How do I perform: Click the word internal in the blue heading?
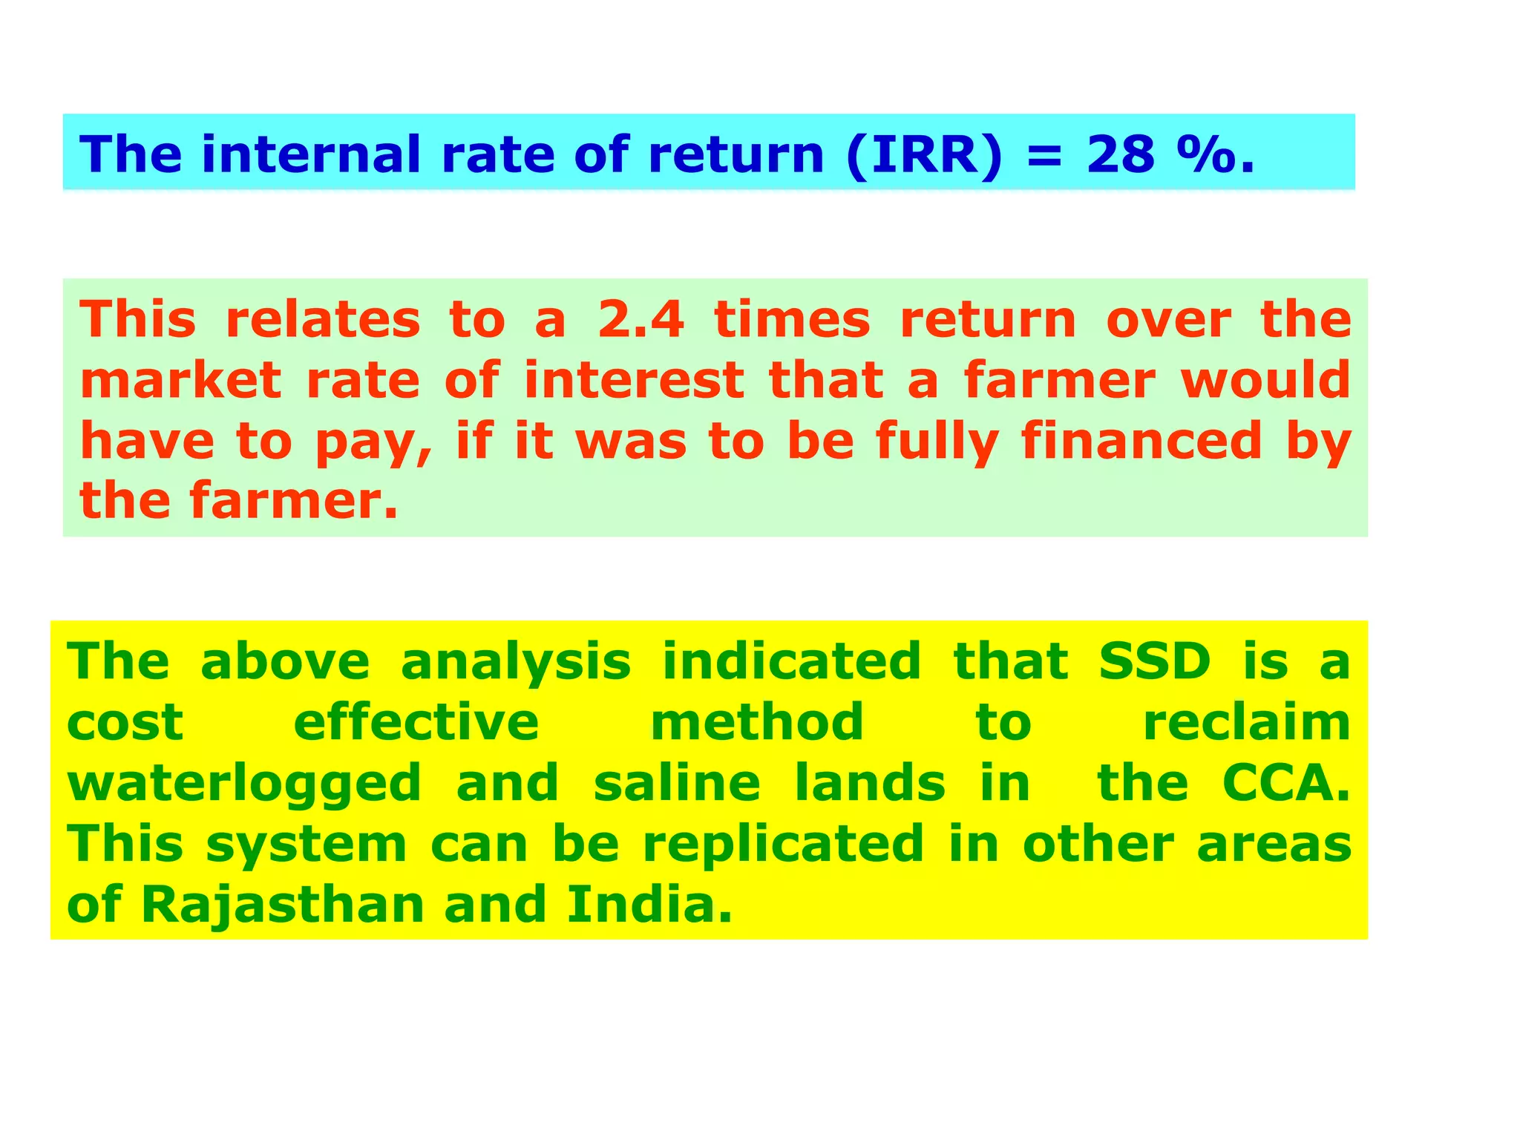(x=311, y=155)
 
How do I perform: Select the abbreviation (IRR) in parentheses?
(x=924, y=156)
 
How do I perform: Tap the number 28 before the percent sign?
(x=1121, y=155)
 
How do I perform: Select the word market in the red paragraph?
(x=180, y=381)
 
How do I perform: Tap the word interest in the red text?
(x=634, y=381)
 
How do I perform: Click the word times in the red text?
(x=792, y=321)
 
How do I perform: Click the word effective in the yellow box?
(x=416, y=723)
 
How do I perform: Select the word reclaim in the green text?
(x=1247, y=723)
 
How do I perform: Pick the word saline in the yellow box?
(x=677, y=784)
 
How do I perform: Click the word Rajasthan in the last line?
(x=282, y=905)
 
